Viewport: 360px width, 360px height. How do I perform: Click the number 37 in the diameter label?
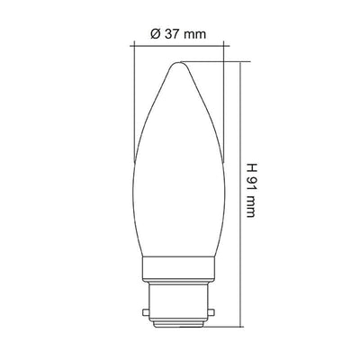coord(171,34)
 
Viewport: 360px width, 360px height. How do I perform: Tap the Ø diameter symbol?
coord(156,34)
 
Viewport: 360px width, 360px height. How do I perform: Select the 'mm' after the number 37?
coord(194,35)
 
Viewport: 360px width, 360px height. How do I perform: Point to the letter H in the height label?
coord(250,167)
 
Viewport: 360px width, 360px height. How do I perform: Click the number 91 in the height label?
coord(250,183)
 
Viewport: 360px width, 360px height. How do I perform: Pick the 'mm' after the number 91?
coord(250,206)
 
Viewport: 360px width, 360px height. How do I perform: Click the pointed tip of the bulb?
coord(179,62)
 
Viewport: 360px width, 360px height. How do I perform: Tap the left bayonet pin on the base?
coord(145,312)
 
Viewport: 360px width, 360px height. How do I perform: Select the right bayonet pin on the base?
coord(211,312)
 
